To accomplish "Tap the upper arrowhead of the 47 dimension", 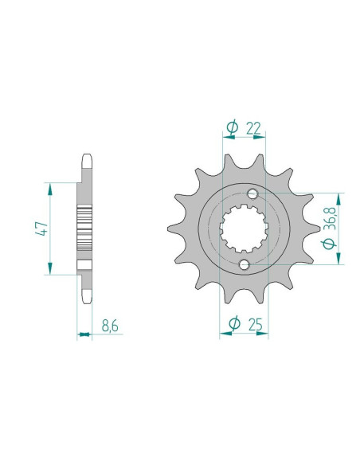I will pos(51,187).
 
